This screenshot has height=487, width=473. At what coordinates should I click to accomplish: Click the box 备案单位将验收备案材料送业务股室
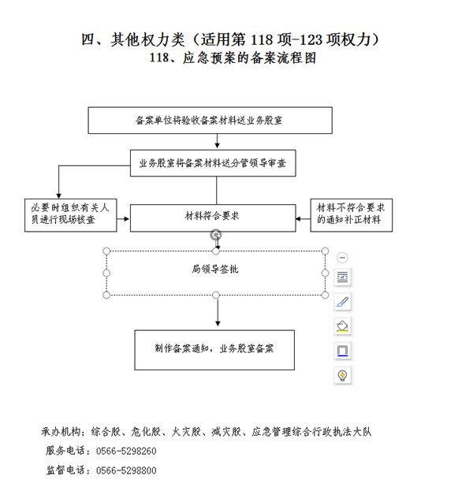210,121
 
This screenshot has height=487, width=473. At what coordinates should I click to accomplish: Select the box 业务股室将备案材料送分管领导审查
213,163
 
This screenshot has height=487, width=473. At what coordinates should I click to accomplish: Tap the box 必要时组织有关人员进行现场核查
70,215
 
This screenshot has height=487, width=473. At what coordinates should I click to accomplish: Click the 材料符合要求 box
213,217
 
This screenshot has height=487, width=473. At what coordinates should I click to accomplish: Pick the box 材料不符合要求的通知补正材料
351,215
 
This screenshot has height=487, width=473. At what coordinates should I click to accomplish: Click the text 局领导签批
215,269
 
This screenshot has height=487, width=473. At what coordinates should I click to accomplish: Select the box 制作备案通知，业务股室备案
214,350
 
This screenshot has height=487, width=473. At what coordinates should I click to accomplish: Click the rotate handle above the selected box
216,235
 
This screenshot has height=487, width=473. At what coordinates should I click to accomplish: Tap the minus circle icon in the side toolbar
342,258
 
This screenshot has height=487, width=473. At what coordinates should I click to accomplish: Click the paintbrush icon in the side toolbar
342,302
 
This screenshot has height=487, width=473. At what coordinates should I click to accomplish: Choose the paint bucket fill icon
342,326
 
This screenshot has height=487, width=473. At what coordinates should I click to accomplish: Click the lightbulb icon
342,375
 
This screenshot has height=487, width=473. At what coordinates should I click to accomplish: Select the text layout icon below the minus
342,277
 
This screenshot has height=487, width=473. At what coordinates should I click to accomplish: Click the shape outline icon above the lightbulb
342,351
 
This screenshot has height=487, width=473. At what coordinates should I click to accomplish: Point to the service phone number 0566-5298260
126,451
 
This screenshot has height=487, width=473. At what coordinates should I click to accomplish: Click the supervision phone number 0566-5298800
126,470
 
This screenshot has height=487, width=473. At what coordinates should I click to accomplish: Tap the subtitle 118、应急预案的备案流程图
233,58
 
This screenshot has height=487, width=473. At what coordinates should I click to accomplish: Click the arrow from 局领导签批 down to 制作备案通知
218,310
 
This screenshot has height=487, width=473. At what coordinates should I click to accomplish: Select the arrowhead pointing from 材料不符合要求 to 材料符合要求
298,219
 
